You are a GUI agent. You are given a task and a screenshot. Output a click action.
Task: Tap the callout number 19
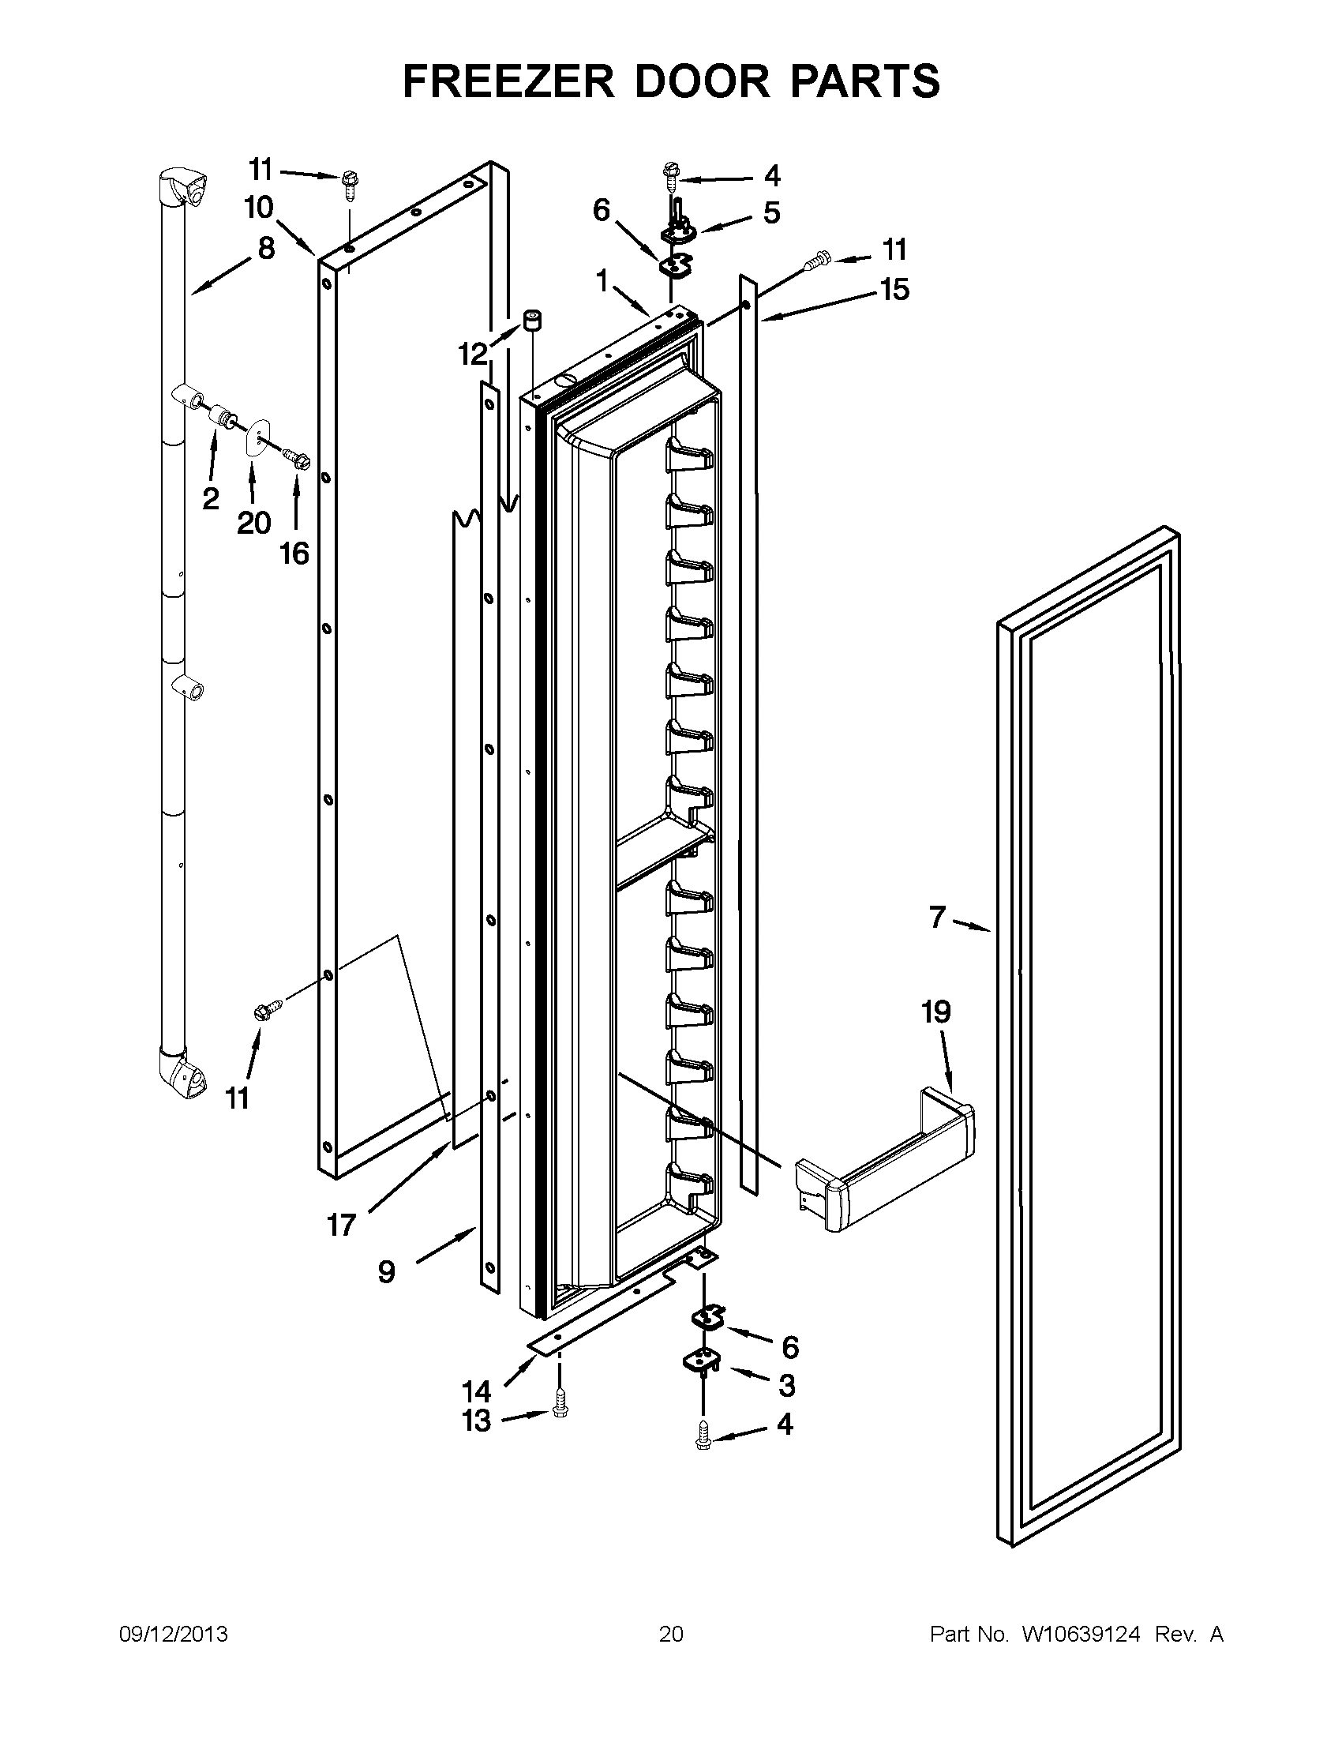point(935,1012)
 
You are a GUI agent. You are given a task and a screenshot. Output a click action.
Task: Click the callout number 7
point(937,918)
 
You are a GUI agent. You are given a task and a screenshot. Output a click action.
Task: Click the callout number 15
point(895,290)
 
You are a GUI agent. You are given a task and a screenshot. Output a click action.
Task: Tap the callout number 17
point(341,1225)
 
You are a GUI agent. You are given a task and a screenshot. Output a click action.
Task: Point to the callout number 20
point(253,523)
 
